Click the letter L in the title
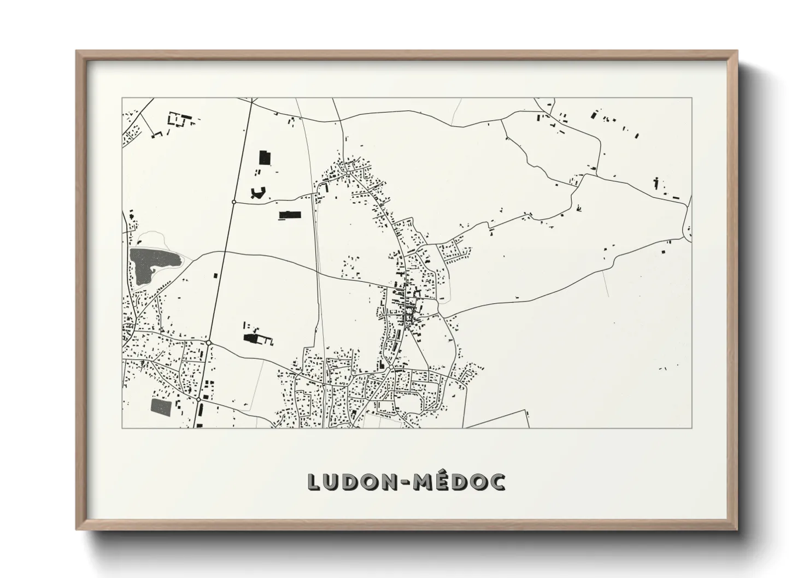(315, 481)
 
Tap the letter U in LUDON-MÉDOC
(336, 481)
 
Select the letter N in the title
(402, 481)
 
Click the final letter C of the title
(498, 481)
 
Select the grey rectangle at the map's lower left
(160, 405)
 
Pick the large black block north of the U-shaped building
(266, 158)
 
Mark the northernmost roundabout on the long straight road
(234, 202)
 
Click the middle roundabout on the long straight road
(209, 343)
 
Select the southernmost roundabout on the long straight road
(197, 400)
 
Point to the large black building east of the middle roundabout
(252, 339)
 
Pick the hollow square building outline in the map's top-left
(175, 120)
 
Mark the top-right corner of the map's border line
(692, 98)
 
